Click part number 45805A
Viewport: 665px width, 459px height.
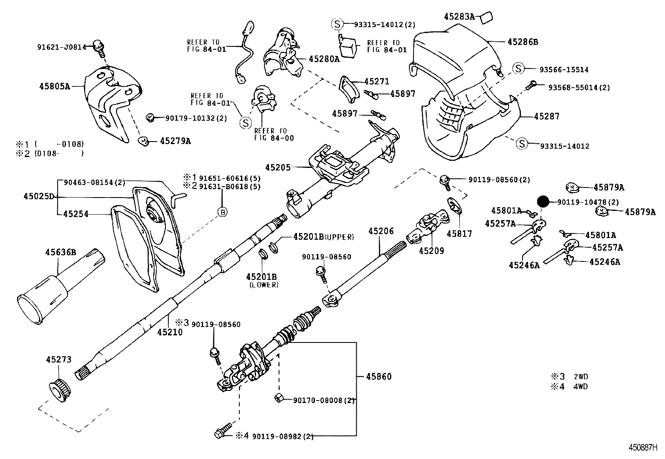(x=55, y=86)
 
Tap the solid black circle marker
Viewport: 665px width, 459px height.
(x=543, y=202)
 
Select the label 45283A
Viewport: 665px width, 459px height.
(x=459, y=17)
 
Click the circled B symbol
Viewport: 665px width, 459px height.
(x=223, y=213)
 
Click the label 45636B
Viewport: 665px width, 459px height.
(x=61, y=252)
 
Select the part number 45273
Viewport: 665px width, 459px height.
(x=58, y=360)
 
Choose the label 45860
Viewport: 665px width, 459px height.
(x=379, y=377)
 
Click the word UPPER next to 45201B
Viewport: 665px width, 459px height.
(x=339, y=237)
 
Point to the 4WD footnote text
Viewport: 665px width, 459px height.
(x=580, y=387)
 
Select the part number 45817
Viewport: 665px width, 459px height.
(x=459, y=234)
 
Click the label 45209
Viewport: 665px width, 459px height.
(x=431, y=251)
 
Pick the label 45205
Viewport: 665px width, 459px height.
(x=278, y=167)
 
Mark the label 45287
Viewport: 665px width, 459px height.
(x=546, y=117)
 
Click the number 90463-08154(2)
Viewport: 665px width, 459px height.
(x=88, y=183)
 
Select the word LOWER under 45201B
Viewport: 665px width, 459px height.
(x=264, y=285)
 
